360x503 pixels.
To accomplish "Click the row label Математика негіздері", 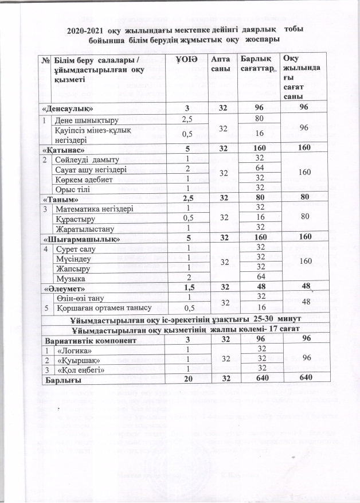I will tap(93, 208).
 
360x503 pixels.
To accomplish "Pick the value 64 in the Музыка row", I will tap(260, 278).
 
